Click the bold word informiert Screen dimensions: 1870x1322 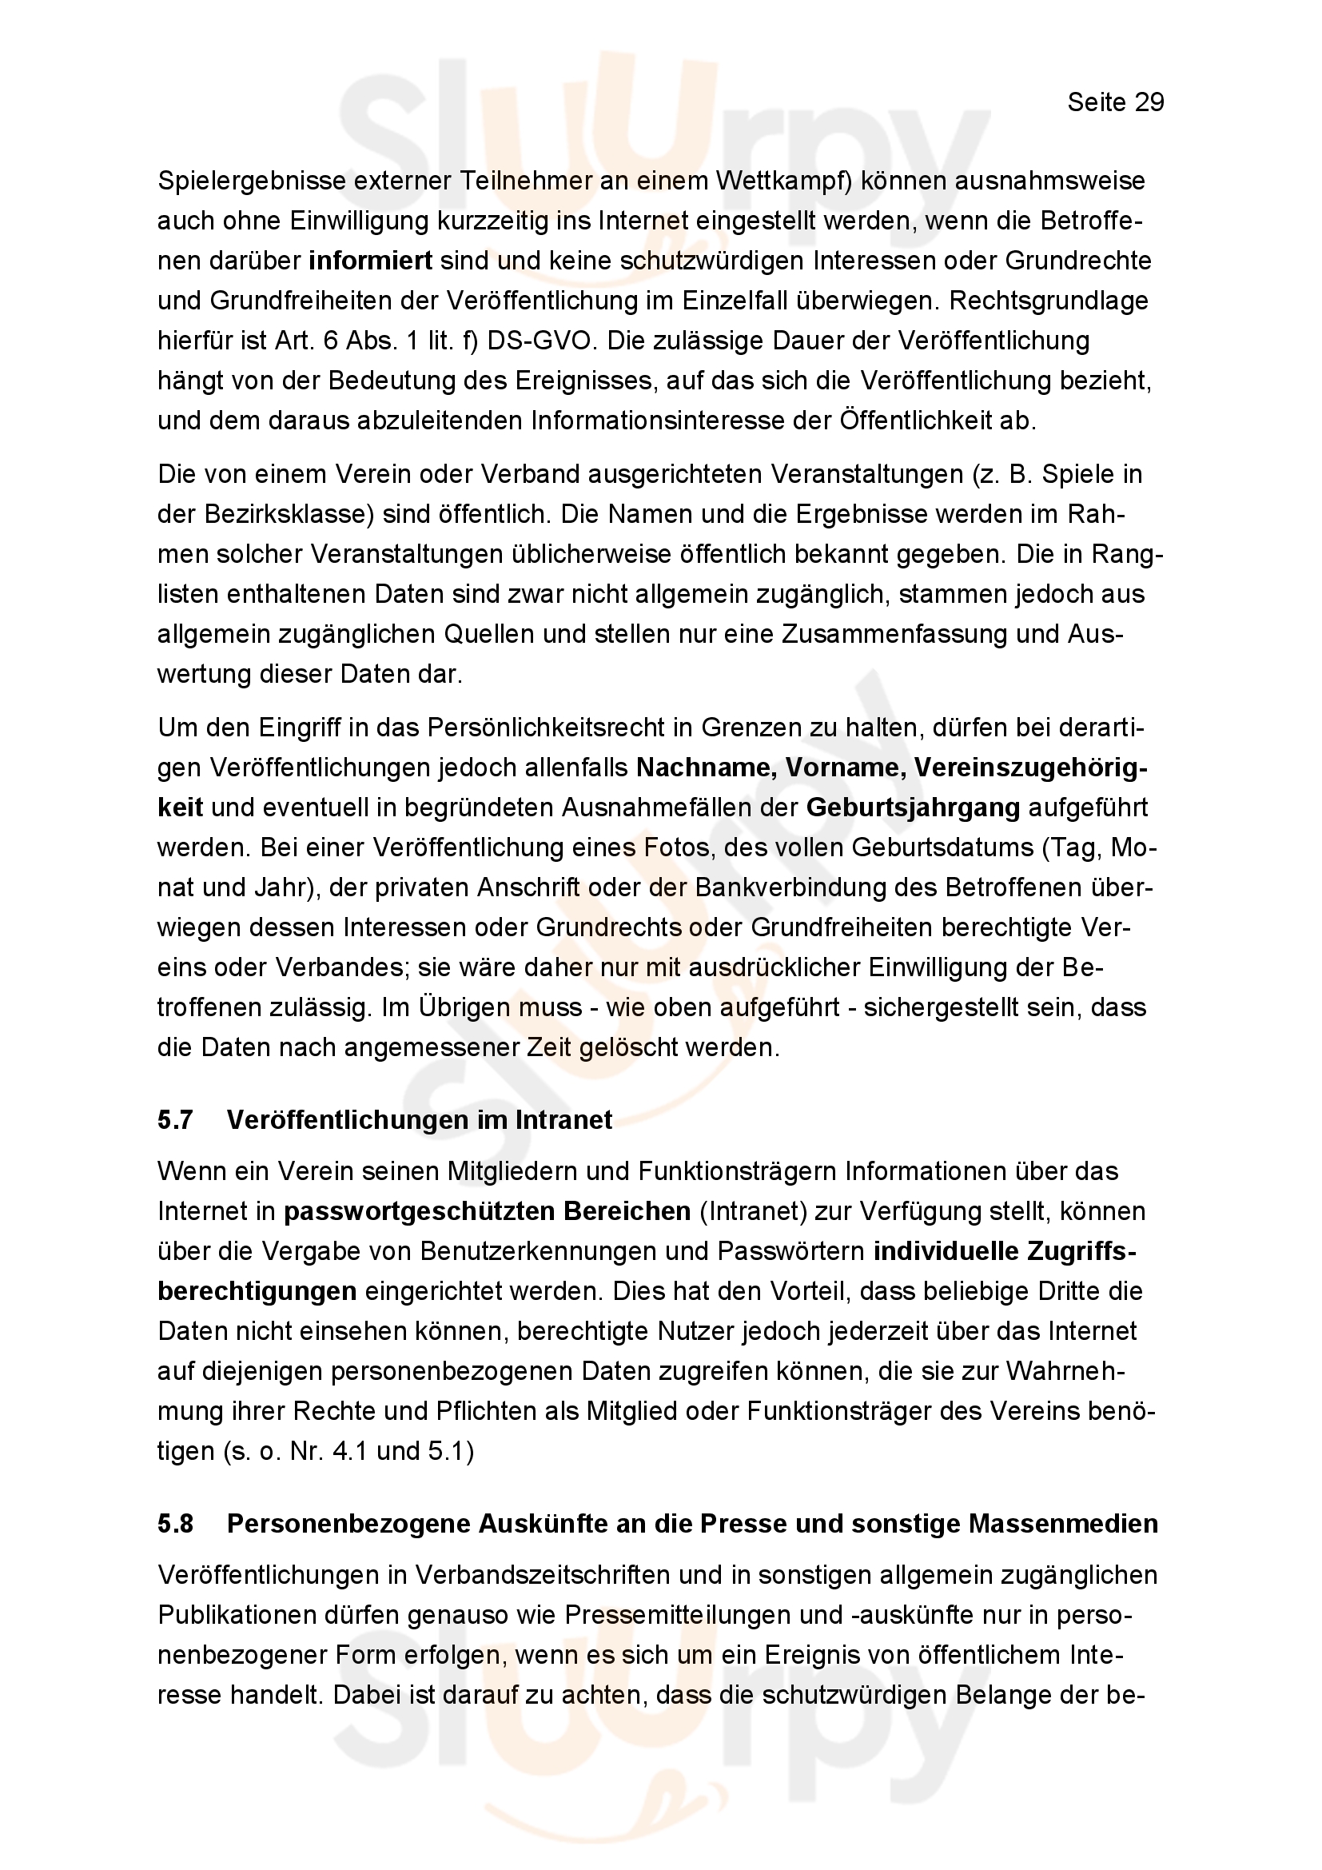(370, 261)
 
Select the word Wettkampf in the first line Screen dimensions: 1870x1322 (782, 181)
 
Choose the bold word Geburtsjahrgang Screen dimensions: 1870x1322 (913, 807)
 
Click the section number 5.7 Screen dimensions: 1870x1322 (175, 1120)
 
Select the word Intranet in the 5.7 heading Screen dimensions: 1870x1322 (564, 1120)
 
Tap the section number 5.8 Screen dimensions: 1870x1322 (175, 1523)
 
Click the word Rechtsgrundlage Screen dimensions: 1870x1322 (1049, 301)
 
